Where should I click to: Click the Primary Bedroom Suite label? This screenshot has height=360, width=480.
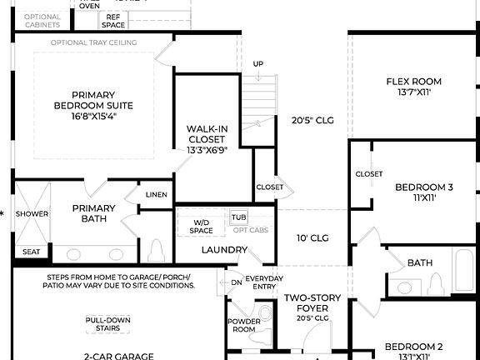pos(92,106)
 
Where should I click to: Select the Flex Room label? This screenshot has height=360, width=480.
pos(413,87)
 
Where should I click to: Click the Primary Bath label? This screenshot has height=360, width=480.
pos(93,213)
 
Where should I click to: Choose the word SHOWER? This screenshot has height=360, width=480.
pos(32,213)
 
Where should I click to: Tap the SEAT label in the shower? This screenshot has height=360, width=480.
pos(31,251)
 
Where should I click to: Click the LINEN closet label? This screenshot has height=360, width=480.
pos(156,194)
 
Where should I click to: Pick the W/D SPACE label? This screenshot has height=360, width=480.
pos(202,226)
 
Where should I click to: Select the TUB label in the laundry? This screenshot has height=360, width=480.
pos(238,217)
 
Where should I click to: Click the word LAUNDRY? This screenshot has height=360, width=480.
pos(224,249)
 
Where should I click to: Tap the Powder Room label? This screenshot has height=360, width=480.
pos(243,325)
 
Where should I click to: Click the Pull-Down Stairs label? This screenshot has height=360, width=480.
pos(108,323)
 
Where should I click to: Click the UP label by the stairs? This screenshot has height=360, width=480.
pos(258,64)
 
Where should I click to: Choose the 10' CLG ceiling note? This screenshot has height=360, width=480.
pos(312,238)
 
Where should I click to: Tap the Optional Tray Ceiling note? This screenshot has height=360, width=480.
pos(94,42)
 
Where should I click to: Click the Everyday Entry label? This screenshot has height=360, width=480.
pos(265,282)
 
